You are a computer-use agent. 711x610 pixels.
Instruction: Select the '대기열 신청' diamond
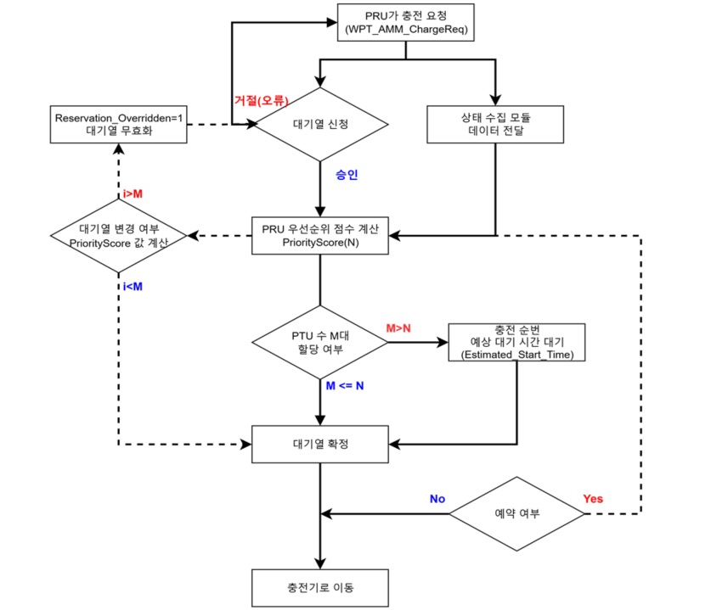point(321,123)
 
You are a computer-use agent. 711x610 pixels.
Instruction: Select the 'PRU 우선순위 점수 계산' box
point(321,234)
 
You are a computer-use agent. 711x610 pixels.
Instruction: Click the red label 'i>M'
point(133,193)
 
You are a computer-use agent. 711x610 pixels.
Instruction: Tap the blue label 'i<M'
point(133,286)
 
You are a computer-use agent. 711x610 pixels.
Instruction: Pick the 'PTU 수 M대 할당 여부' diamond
point(320,343)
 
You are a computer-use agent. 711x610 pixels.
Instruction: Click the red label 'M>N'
point(398,327)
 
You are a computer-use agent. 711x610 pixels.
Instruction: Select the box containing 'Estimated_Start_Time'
point(516,343)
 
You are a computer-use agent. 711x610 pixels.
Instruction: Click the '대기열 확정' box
point(320,442)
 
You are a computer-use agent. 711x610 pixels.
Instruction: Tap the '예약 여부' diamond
point(516,512)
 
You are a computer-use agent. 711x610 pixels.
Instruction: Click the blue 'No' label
point(437,499)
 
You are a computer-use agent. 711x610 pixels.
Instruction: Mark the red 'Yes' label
point(593,499)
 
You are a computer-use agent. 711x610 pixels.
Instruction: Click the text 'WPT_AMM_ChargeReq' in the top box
point(404,31)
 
